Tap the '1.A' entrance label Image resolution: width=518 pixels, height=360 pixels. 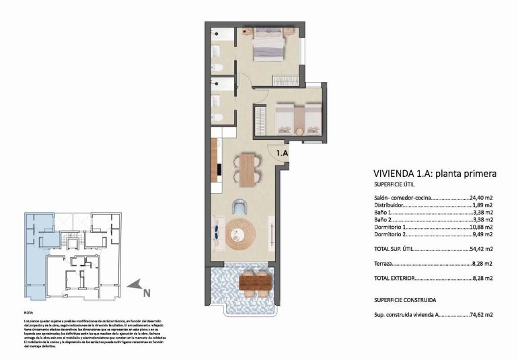tap(281, 153)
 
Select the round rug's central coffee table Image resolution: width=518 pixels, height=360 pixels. tap(241, 233)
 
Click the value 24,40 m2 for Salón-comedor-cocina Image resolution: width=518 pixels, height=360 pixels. tap(481, 199)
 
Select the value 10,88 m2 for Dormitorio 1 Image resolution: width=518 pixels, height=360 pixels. tap(481, 226)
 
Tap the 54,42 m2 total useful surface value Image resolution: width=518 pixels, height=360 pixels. tap(481, 249)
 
